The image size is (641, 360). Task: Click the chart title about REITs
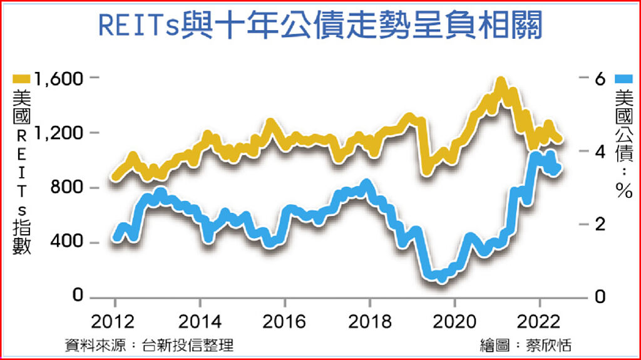pyautogui.click(x=320, y=26)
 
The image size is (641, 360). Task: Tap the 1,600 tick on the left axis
pyautogui.click(x=59, y=80)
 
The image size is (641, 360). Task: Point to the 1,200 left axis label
pyautogui.click(x=59, y=133)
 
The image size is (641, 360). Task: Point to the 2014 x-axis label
pyautogui.click(x=200, y=322)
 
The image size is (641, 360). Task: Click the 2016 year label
pyautogui.click(x=285, y=322)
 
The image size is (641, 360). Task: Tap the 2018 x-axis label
pyautogui.click(x=369, y=322)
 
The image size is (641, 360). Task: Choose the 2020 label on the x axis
pyautogui.click(x=454, y=322)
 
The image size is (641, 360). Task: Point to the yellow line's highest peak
pyautogui.click(x=500, y=82)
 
